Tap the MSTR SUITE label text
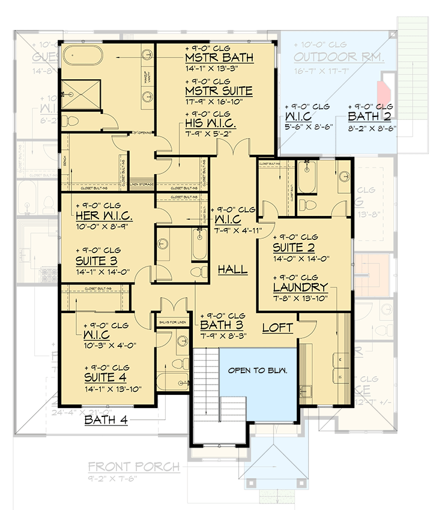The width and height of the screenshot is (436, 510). (219, 91)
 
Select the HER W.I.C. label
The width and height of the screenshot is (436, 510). (104, 215)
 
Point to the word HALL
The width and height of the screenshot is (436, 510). (232, 269)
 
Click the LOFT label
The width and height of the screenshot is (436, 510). (277, 328)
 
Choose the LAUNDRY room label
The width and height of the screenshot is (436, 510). (300, 287)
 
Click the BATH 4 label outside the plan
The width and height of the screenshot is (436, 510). (106, 420)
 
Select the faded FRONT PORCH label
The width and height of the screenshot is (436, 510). (133, 467)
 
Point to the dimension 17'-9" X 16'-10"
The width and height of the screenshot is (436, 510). (219, 103)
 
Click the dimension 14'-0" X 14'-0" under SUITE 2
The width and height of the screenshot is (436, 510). (301, 259)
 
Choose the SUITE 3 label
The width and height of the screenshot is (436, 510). (96, 261)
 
